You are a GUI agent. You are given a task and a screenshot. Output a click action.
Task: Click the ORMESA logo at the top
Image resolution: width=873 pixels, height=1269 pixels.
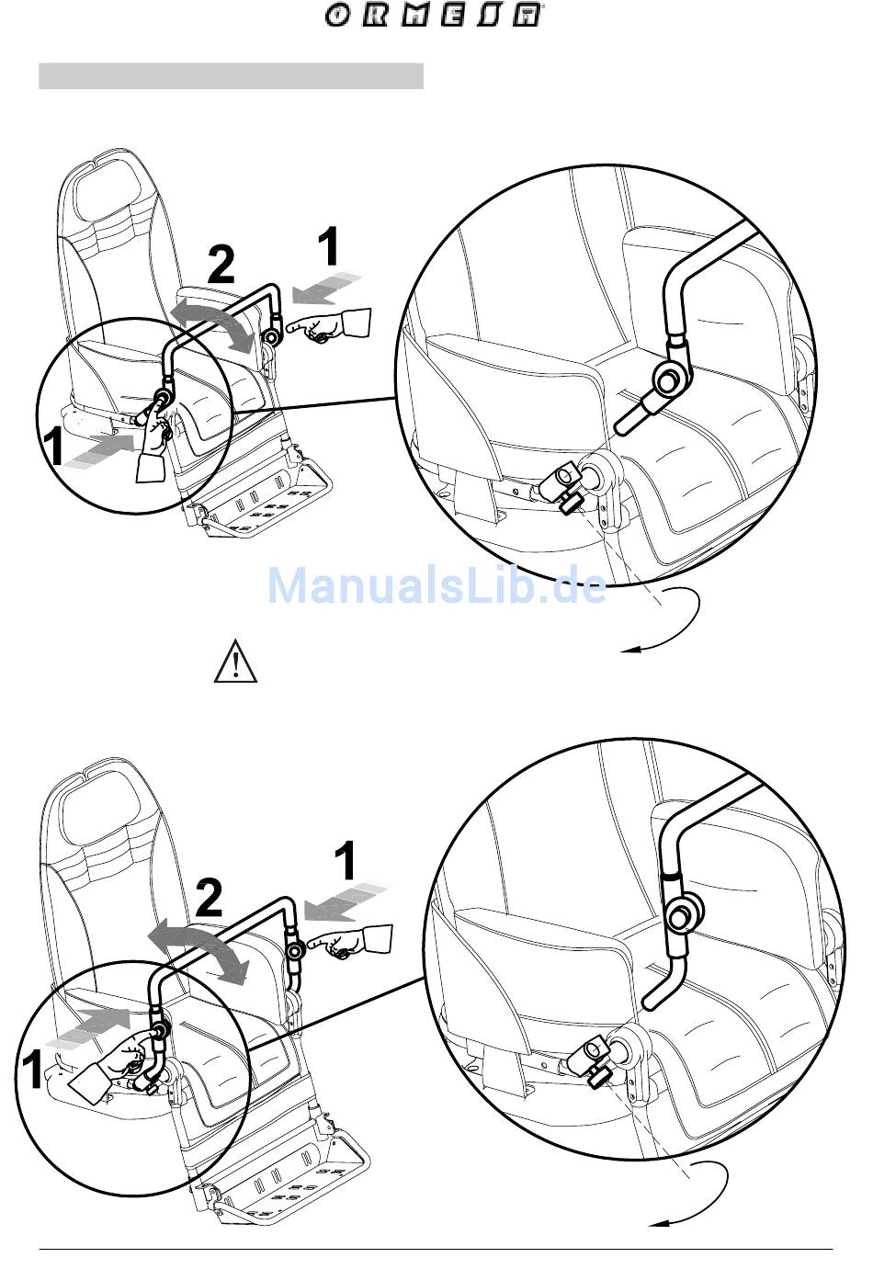(x=432, y=16)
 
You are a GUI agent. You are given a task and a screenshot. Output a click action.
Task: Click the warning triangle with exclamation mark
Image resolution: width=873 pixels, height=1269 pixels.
(x=235, y=661)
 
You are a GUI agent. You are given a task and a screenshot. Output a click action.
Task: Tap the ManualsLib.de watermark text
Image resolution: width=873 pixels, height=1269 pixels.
(x=436, y=586)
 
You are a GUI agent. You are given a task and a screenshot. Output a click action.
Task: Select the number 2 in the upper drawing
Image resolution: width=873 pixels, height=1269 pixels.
(x=221, y=266)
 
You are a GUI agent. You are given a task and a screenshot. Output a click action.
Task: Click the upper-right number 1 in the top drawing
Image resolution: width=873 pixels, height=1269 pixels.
(x=329, y=246)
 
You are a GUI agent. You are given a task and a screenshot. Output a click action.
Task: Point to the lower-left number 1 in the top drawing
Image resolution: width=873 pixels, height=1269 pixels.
(x=54, y=447)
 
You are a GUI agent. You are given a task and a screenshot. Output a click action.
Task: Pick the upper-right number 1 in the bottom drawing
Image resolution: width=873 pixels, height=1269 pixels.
(x=345, y=860)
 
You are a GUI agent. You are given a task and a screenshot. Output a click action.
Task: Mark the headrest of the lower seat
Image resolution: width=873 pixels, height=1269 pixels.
(x=97, y=803)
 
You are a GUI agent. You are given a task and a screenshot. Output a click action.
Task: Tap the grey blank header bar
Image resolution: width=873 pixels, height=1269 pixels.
(x=232, y=76)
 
